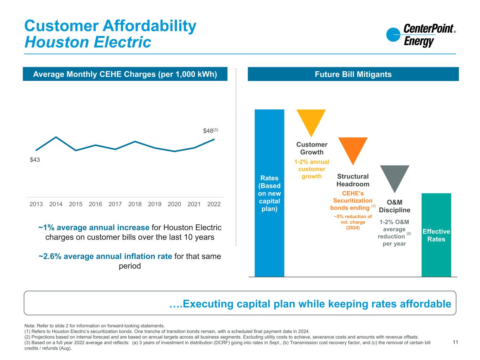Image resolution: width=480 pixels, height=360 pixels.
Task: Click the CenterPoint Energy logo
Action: (x=421, y=35)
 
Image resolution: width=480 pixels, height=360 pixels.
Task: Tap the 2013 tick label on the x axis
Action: (x=36, y=204)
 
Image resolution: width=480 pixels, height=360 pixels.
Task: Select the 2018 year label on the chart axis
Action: (x=135, y=204)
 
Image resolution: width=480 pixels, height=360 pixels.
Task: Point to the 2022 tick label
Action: (x=214, y=204)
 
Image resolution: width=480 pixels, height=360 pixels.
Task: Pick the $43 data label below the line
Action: (x=35, y=160)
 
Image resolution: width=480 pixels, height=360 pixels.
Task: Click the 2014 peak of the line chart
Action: (x=56, y=137)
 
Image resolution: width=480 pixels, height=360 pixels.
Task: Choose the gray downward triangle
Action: (x=395, y=176)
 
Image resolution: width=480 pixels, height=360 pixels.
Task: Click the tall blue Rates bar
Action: (x=269, y=193)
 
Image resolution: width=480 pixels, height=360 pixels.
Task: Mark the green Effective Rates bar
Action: (x=436, y=235)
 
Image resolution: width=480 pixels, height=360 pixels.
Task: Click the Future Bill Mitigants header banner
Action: (x=353, y=74)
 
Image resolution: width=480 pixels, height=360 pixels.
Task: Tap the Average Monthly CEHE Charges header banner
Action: (x=125, y=74)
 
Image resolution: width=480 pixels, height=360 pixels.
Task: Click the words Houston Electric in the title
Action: (x=88, y=43)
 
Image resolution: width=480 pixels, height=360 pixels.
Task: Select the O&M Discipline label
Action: (x=394, y=206)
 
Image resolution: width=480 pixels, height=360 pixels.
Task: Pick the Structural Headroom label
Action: (x=353, y=180)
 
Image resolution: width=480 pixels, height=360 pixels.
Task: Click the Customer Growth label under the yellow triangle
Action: (x=312, y=148)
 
